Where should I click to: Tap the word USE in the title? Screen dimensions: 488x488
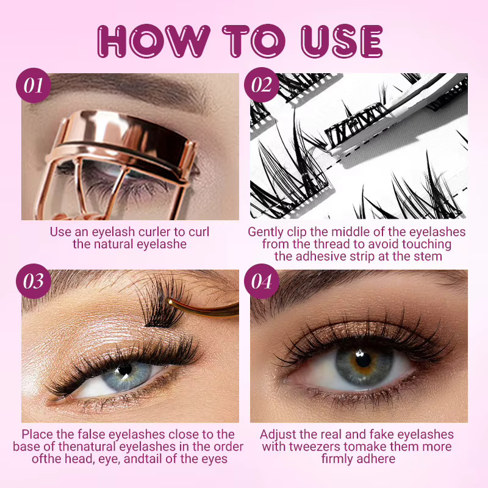(342, 41)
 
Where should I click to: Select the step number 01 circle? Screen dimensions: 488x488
(34, 85)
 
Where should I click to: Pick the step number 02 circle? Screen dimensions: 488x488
(262, 85)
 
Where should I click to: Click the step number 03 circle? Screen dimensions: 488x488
(34, 281)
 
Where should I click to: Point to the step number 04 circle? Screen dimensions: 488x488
(262, 281)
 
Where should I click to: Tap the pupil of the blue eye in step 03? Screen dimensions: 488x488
(125, 370)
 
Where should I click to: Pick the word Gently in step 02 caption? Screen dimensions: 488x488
(265, 232)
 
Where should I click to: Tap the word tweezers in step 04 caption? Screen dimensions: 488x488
(315, 447)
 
